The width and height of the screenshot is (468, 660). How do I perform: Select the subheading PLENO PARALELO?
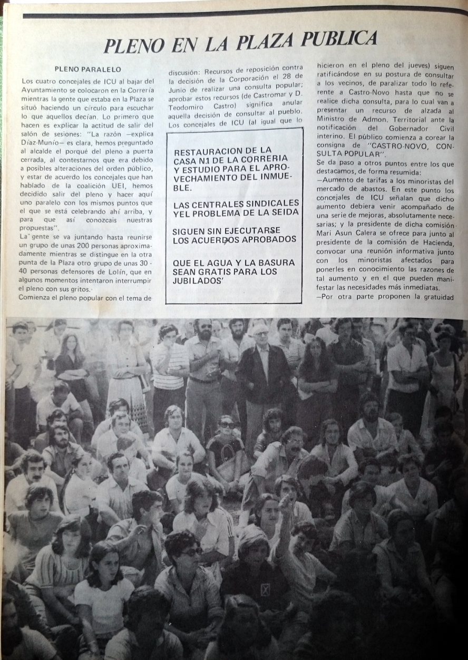pos(87,69)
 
